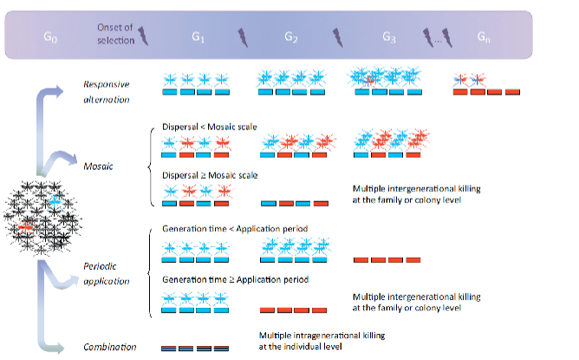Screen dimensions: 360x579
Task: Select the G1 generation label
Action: pos(198,38)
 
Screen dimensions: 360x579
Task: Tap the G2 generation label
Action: pos(291,38)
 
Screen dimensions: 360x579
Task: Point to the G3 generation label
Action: pos(389,38)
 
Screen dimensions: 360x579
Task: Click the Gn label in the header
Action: pos(486,38)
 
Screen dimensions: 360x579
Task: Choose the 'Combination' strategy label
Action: pos(109,347)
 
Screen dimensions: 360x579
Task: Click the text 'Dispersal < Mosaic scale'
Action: pos(210,128)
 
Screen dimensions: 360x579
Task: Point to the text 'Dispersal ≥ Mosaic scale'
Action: pos(210,176)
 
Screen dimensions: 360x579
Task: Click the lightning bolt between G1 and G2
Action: pos(243,36)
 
